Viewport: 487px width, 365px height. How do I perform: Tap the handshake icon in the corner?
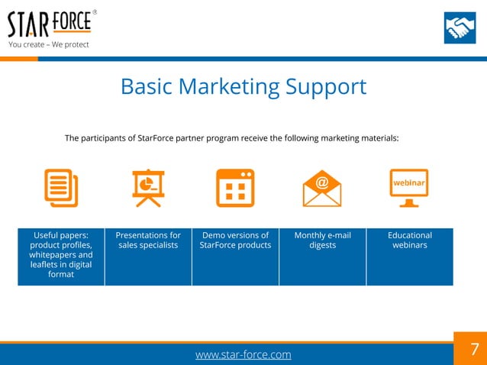(x=460, y=28)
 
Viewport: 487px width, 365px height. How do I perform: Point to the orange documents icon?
(x=61, y=187)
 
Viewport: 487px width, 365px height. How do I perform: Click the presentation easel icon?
(x=148, y=187)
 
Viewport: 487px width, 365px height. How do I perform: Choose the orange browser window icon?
(x=235, y=188)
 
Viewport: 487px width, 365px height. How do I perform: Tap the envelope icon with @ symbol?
(x=321, y=188)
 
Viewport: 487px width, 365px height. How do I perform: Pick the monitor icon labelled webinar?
(x=409, y=188)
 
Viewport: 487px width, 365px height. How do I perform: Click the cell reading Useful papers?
(x=61, y=256)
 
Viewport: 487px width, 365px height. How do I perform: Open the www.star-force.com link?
(x=243, y=355)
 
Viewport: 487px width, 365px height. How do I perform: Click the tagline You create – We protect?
(x=49, y=44)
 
